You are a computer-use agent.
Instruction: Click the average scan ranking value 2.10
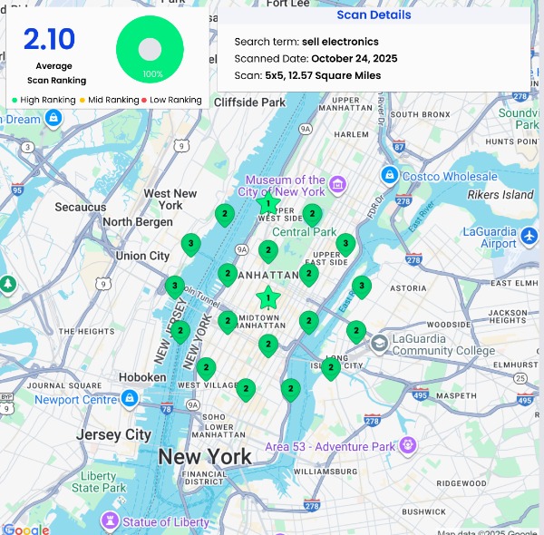49,40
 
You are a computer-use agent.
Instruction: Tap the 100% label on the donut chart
152,73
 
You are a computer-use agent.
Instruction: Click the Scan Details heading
374,15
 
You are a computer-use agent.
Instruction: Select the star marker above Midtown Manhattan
268,297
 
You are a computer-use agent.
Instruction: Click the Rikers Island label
500,195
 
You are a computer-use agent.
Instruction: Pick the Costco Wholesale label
450,176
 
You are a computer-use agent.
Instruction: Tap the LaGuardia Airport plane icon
530,237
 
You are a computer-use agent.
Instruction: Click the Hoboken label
142,377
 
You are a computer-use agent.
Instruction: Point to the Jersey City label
113,434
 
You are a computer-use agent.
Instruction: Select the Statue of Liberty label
166,521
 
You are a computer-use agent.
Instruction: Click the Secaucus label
80,207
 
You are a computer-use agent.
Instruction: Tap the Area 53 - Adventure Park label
330,446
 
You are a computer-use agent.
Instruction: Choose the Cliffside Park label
249,102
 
